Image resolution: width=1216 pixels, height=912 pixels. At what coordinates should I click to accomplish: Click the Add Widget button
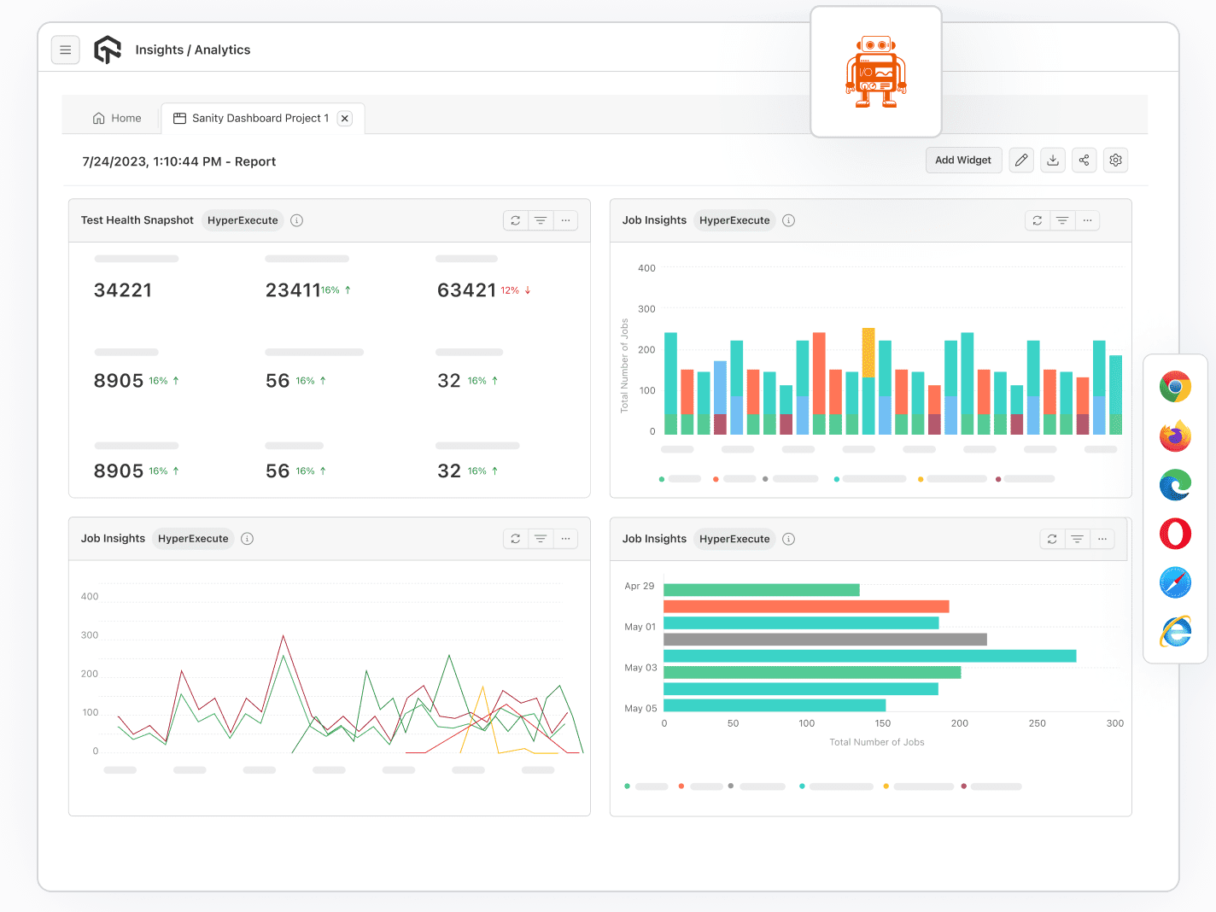[x=963, y=161]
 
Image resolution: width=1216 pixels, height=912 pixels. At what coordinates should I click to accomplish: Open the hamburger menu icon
[x=66, y=50]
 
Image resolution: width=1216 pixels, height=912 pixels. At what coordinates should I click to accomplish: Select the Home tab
[x=117, y=119]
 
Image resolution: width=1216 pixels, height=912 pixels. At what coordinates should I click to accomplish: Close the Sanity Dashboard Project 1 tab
[x=345, y=119]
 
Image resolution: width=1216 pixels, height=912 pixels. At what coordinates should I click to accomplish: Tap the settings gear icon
[x=1115, y=161]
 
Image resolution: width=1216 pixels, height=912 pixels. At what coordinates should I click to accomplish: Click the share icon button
[x=1084, y=161]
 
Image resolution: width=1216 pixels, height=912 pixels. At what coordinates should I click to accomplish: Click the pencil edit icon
[x=1021, y=161]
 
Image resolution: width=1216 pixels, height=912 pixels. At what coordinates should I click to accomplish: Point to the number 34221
[x=123, y=290]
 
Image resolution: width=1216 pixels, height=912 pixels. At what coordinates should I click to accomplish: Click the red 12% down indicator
[x=516, y=290]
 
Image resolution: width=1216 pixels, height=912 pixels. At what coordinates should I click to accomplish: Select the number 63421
[x=466, y=290]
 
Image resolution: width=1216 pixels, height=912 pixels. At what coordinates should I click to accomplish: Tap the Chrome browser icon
[x=1175, y=387]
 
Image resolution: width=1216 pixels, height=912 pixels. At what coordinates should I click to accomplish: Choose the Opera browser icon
[x=1175, y=535]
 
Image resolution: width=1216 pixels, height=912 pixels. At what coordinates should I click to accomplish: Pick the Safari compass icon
[x=1175, y=583]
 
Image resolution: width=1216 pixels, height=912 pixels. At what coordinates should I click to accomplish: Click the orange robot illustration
[x=876, y=73]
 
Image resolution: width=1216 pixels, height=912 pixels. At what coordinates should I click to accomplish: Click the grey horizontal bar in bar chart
[x=825, y=640]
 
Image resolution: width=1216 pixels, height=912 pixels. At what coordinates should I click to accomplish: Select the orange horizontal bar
[x=806, y=606]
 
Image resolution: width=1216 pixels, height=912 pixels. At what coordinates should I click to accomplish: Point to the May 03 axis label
[x=640, y=668]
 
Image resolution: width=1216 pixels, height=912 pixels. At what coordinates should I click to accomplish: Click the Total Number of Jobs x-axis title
[x=877, y=742]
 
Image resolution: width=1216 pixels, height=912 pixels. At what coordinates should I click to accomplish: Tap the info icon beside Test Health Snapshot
[x=297, y=220]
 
